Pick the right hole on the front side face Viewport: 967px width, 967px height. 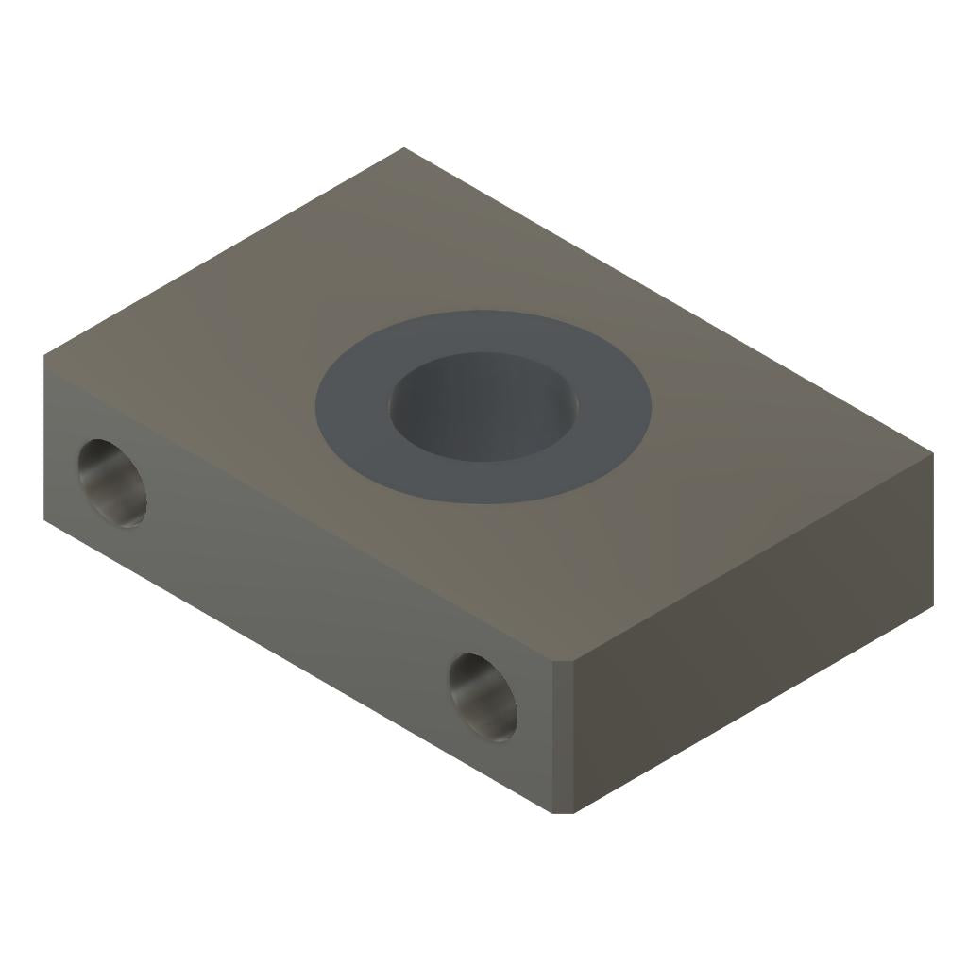(483, 696)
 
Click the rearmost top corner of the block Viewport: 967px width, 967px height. (404, 148)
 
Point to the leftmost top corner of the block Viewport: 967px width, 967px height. (44, 356)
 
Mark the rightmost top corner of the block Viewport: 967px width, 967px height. (933, 453)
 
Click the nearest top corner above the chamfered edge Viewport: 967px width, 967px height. (564, 662)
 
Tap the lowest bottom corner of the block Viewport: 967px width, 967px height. (563, 812)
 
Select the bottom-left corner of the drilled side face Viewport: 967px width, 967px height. (44, 519)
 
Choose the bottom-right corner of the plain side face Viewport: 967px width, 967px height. (933, 604)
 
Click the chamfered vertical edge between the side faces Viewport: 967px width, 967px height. (563, 737)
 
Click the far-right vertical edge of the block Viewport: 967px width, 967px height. (933, 529)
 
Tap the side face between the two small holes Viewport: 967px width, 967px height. (302, 585)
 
